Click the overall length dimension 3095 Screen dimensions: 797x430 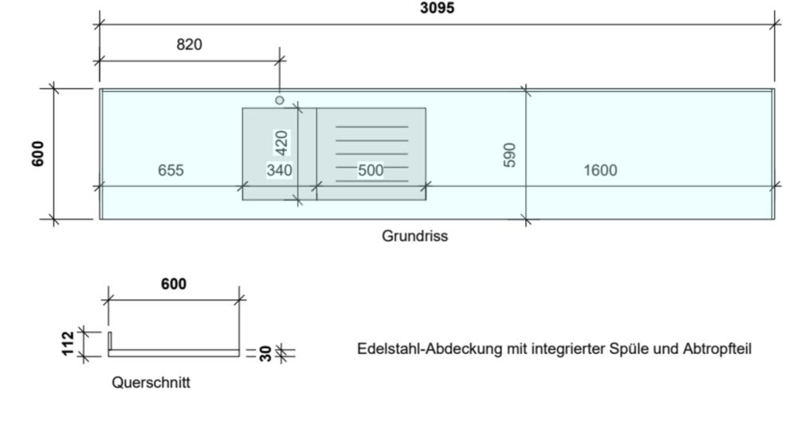click(437, 8)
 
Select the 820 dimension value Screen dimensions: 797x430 click(189, 45)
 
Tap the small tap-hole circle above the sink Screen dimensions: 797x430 click(280, 101)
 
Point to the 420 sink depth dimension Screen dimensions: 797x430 click(281, 143)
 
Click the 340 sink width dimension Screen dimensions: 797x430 click(280, 170)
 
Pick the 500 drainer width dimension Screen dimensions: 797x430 click(371, 170)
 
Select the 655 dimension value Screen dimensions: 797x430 click(171, 170)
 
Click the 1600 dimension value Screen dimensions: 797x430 click(600, 170)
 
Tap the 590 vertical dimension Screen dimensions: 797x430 click(509, 155)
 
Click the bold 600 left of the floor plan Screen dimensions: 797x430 click(37, 154)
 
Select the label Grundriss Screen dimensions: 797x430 click(414, 236)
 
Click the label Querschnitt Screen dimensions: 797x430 click(151, 382)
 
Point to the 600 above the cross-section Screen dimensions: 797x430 click(174, 284)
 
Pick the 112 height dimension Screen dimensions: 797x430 click(68, 344)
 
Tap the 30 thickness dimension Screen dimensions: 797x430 click(265, 353)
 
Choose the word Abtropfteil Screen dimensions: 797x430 click(717, 349)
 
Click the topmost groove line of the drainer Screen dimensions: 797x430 click(371, 127)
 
